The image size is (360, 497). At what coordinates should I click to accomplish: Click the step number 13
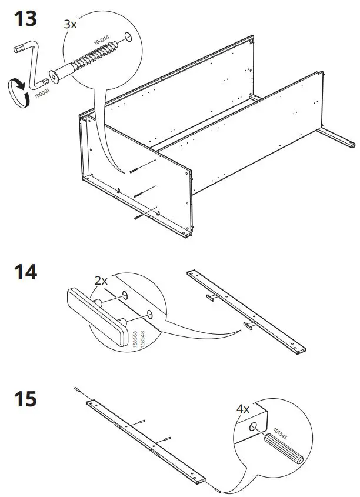point(25,19)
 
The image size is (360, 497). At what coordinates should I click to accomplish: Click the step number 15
point(25,399)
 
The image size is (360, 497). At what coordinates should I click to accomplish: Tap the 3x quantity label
point(71,25)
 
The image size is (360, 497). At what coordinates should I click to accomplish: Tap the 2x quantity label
point(102,281)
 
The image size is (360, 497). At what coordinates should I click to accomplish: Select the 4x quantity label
point(243,408)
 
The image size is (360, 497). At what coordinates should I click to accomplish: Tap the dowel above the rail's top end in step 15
point(77,389)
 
